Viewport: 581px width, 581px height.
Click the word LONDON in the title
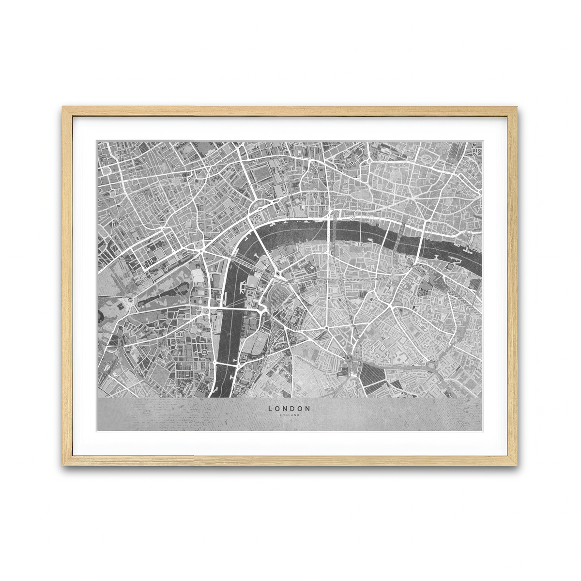(x=290, y=409)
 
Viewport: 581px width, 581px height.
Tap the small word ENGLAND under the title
(x=290, y=415)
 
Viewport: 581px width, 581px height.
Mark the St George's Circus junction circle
(x=327, y=328)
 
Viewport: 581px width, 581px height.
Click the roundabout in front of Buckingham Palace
(x=130, y=301)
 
